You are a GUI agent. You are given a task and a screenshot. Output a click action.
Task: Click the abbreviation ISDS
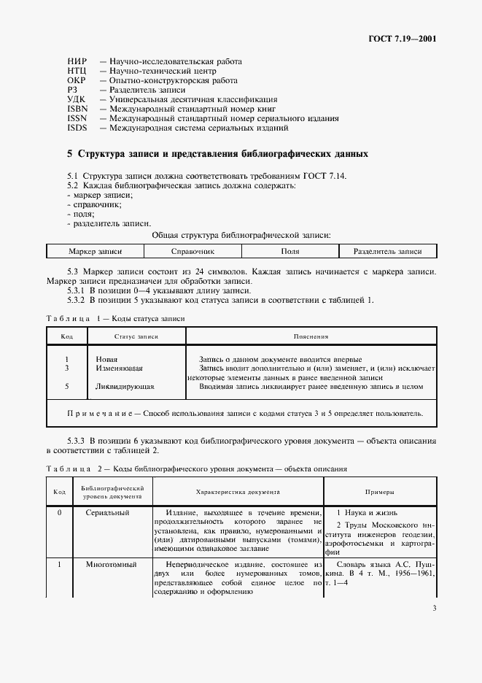coord(77,128)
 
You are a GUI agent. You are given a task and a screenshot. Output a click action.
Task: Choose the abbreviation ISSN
coord(77,118)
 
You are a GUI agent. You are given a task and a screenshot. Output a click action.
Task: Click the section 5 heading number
coord(69,155)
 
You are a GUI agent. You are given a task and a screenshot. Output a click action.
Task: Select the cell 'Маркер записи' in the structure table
coord(95,252)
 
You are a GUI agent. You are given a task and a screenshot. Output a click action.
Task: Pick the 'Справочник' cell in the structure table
coord(193,252)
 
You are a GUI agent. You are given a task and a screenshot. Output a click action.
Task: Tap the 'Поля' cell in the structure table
coord(290,252)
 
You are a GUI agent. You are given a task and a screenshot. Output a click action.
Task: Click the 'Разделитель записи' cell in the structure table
coord(388,252)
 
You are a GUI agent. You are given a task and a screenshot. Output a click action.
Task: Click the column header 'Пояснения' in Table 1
coord(311,337)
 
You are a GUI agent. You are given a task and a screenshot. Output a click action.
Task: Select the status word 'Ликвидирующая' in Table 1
coord(125,387)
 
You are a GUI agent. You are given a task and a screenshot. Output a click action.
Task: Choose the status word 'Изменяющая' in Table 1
coord(120,369)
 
